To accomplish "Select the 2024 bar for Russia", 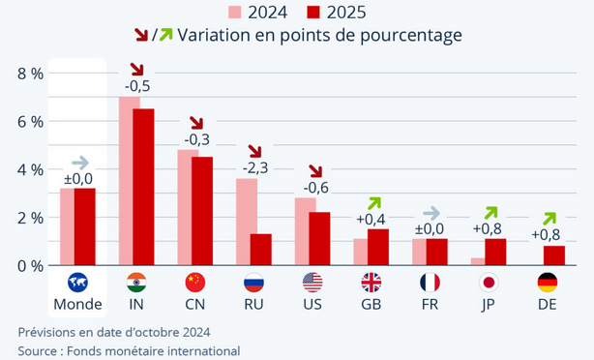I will point(247,222).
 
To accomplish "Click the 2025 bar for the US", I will point(319,238).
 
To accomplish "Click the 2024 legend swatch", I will point(235,12).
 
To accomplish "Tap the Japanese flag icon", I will point(489,282).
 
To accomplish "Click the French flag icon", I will point(430,282).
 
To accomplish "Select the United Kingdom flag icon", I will point(371,282).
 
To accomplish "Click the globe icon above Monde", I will point(78,282).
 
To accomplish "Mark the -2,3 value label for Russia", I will point(254,167).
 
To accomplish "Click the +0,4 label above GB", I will point(371,219).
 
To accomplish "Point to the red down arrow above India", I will point(136,70).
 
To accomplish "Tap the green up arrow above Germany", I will point(549,218).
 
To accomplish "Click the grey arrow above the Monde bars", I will point(79,163).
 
